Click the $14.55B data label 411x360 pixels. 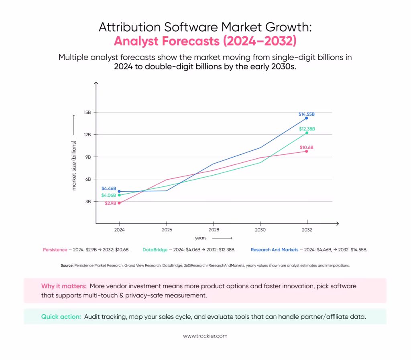pos(307,114)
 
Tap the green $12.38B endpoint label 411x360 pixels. pos(307,129)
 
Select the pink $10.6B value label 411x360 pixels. pos(307,148)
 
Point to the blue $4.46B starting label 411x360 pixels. pos(109,188)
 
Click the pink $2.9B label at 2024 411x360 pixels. pos(110,203)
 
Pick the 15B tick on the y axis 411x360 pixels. pos(87,112)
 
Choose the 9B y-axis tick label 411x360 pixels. pos(87,157)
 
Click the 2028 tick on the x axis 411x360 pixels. pos(214,230)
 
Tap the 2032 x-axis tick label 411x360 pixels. pos(307,230)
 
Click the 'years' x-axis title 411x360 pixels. pos(201,238)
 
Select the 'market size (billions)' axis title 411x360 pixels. pos(74,165)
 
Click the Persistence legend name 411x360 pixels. pos(55,250)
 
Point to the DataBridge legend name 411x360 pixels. pos(155,250)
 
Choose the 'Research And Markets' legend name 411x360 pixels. pos(274,250)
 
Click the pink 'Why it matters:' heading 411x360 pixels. pos(63,286)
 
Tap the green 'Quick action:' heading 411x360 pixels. pos(61,317)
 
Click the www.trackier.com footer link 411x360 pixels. pos(205,336)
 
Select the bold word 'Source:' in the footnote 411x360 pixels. pos(67,265)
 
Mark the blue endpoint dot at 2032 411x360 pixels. pos(307,118)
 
